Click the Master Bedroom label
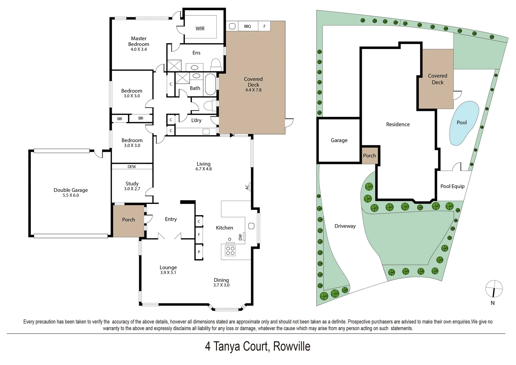click(x=138, y=41)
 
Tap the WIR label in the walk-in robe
click(x=200, y=29)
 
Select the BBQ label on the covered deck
click(x=247, y=26)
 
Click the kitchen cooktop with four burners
click(x=230, y=250)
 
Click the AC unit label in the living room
click(x=247, y=187)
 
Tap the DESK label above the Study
click(x=132, y=167)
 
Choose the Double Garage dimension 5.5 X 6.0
click(x=71, y=195)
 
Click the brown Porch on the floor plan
click(x=129, y=220)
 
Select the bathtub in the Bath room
click(x=210, y=84)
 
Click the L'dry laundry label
click(x=196, y=120)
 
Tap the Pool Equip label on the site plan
click(x=452, y=186)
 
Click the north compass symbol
click(x=494, y=289)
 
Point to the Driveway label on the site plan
click(x=345, y=226)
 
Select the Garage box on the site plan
click(x=339, y=140)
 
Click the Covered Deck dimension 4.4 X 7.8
click(x=253, y=90)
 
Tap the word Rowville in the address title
click(x=292, y=347)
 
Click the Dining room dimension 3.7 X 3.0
click(x=221, y=285)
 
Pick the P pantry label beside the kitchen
click(x=199, y=252)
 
